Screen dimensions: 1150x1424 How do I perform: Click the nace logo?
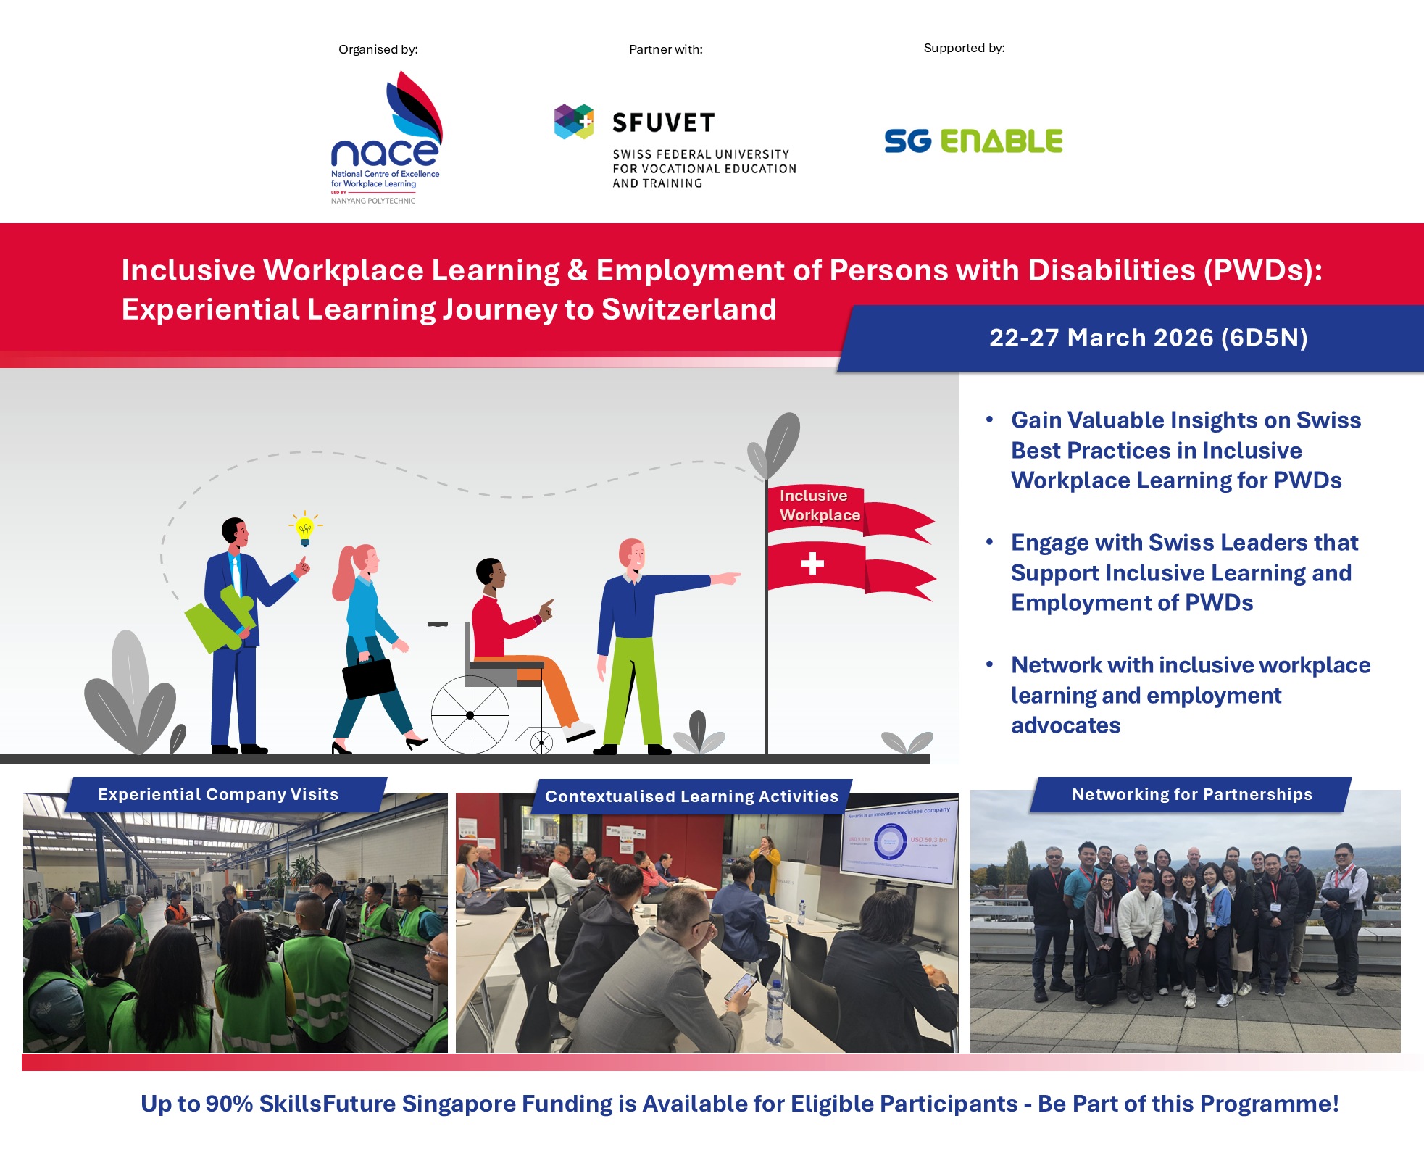(x=385, y=138)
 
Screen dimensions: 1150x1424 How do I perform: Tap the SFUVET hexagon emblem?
(x=574, y=121)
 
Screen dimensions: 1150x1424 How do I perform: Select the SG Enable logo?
(x=973, y=141)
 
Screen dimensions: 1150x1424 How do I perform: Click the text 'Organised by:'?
(x=378, y=49)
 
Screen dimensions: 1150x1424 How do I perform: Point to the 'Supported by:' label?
(x=964, y=48)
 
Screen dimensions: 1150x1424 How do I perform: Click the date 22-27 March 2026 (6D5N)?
(x=1148, y=338)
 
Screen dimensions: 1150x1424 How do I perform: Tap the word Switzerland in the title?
(x=689, y=309)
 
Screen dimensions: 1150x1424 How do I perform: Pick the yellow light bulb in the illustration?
(x=305, y=530)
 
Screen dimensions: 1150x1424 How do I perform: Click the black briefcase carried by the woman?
(x=369, y=678)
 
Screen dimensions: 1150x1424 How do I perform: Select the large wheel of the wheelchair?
(x=470, y=714)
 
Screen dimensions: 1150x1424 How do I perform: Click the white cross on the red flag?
(x=812, y=563)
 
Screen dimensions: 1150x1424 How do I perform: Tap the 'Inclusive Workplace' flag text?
(x=819, y=505)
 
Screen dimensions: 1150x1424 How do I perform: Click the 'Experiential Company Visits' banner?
(x=218, y=794)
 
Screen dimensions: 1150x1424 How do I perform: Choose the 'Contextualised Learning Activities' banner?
(x=691, y=796)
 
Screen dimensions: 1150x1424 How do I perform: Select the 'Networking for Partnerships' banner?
(x=1191, y=794)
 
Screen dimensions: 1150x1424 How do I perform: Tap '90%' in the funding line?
(x=229, y=1104)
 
